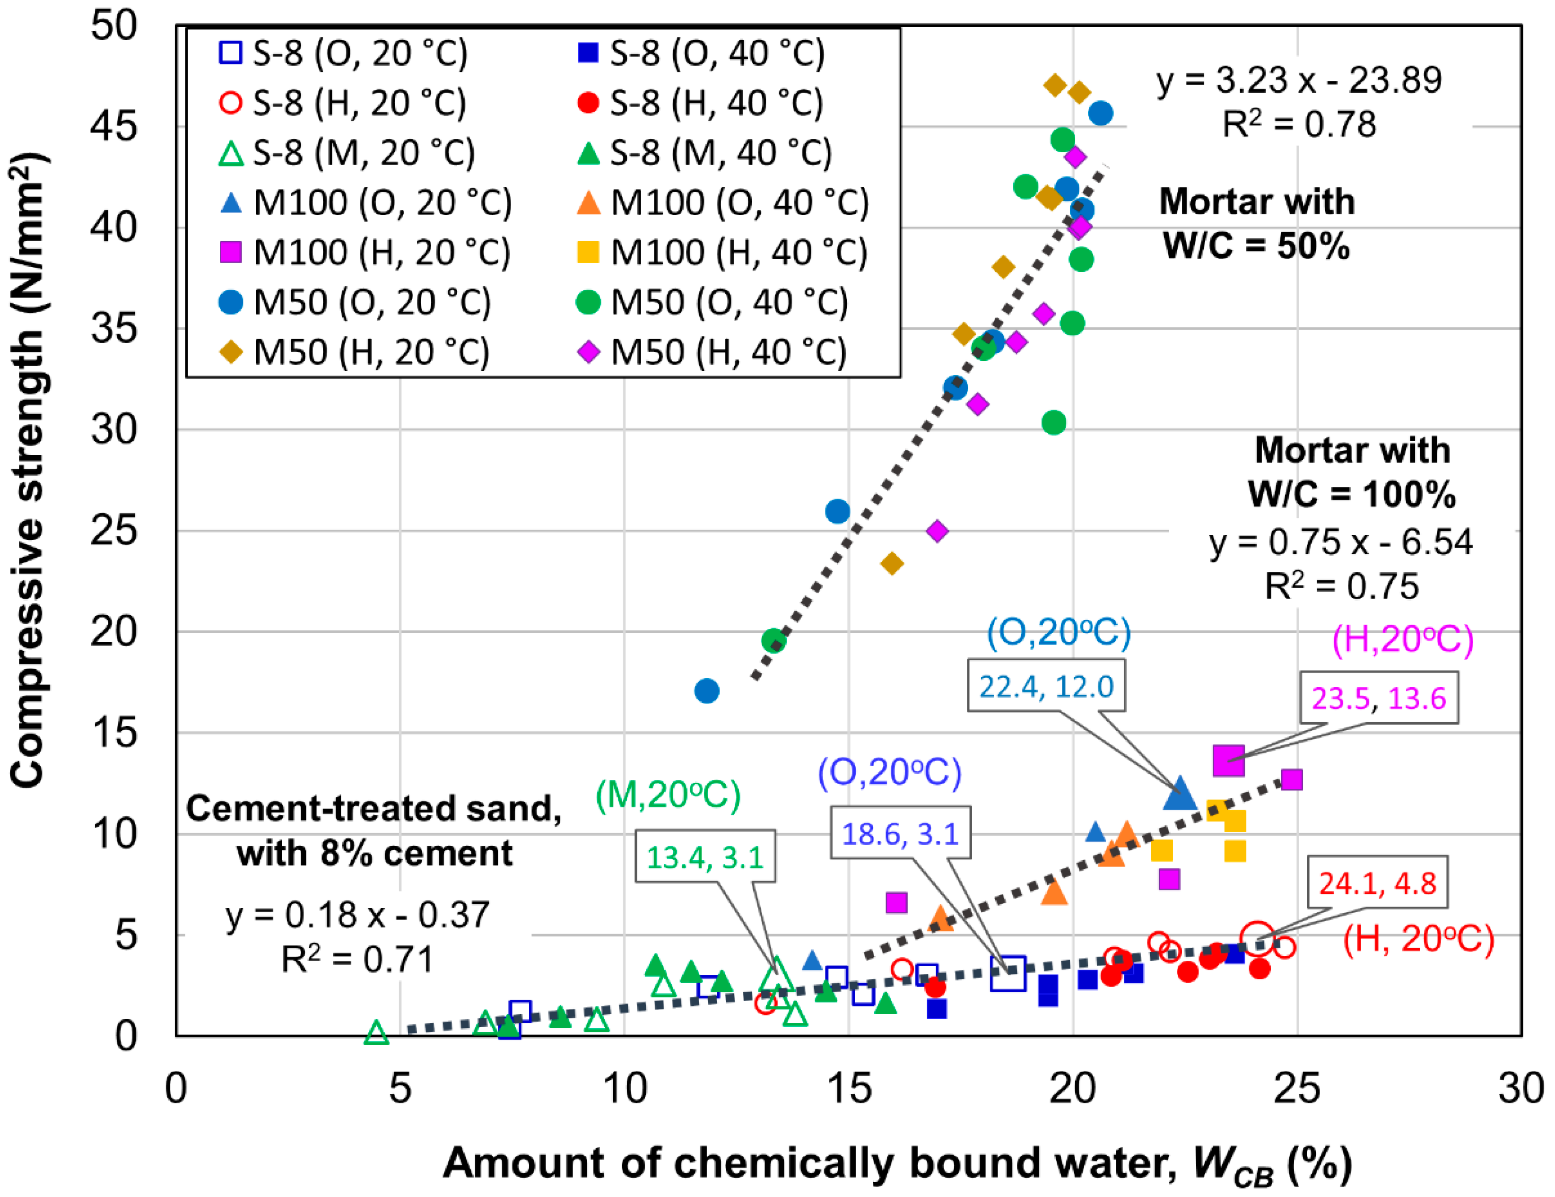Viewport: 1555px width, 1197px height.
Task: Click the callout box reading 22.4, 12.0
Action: (1045, 686)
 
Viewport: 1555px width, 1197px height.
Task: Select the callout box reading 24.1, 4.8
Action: (1377, 883)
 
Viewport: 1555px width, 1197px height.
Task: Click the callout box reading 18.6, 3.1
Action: (900, 833)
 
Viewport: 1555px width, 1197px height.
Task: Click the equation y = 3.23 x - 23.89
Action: (1299, 80)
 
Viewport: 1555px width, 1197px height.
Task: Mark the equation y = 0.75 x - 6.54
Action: (1340, 542)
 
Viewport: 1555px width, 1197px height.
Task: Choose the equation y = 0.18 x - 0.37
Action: (357, 915)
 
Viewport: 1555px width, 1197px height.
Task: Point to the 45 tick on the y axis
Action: (114, 127)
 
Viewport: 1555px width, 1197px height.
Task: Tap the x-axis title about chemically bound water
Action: (897, 1163)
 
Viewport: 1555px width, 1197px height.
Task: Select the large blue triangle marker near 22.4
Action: (1180, 793)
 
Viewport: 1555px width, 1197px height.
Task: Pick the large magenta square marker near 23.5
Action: (1228, 760)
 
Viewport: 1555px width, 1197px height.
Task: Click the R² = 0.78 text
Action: (1299, 124)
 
